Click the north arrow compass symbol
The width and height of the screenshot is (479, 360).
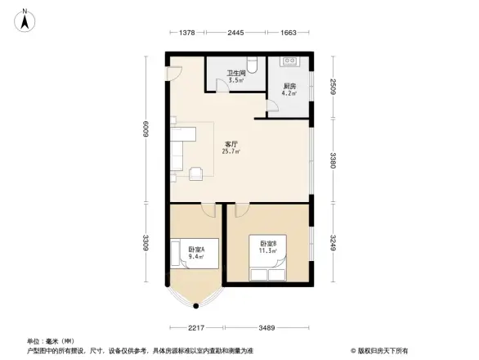tap(25, 19)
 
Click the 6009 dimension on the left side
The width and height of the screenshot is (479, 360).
tap(146, 128)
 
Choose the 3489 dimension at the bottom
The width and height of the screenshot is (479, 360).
tap(267, 328)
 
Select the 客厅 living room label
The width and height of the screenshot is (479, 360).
tap(231, 144)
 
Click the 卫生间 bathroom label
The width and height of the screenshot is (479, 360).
tap(236, 74)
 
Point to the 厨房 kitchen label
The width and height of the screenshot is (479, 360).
tap(289, 86)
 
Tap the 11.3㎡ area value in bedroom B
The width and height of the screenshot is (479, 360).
tap(268, 250)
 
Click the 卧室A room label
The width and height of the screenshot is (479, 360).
tap(196, 250)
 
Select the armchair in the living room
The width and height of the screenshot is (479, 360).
tap(197, 173)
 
